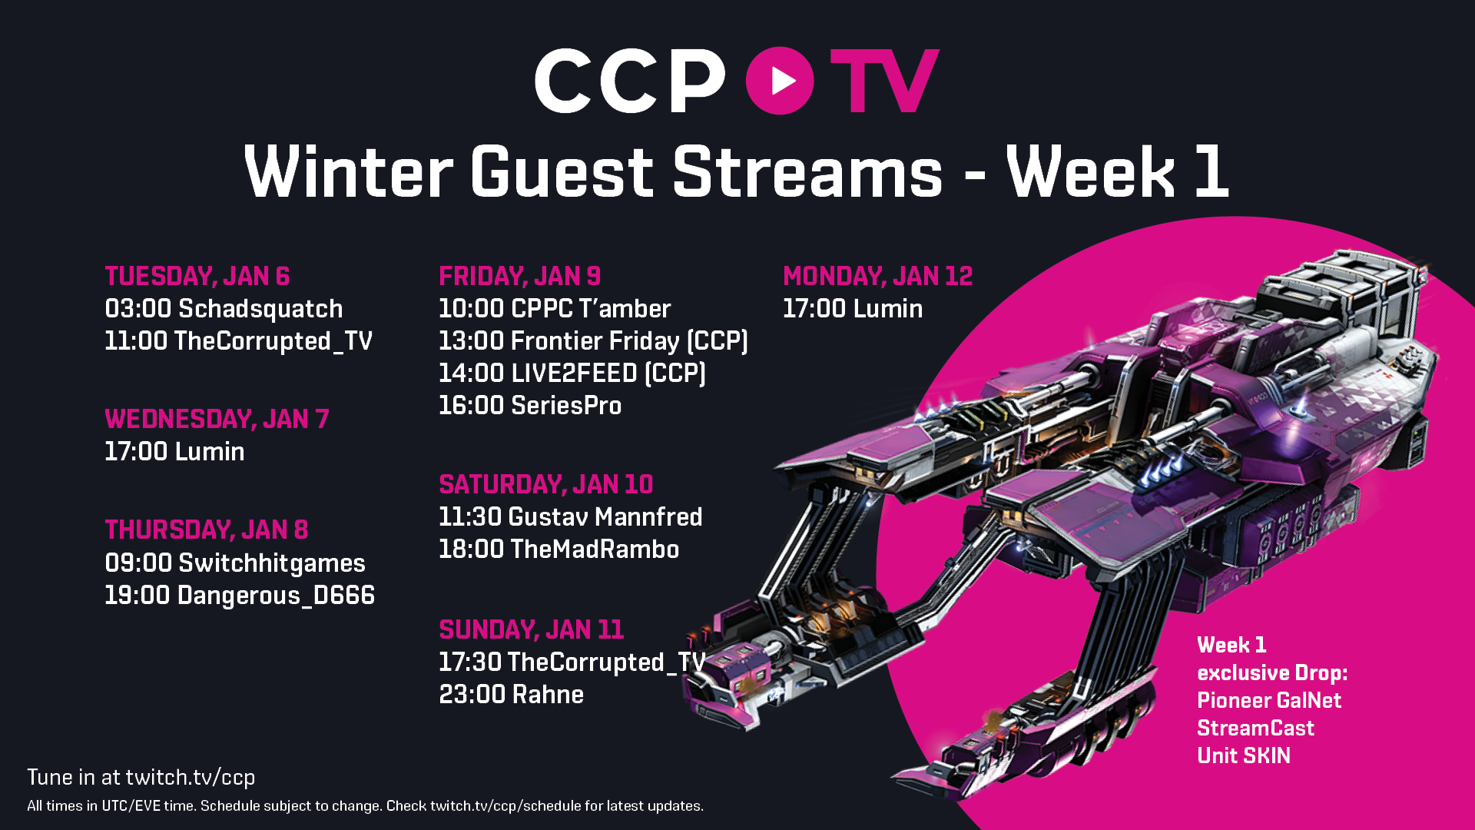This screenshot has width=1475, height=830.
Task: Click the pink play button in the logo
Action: pos(780,81)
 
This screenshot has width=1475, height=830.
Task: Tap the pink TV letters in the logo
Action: pos(884,81)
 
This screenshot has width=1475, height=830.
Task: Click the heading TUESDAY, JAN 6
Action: pos(197,276)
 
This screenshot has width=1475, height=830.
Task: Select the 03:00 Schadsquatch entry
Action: pos(224,309)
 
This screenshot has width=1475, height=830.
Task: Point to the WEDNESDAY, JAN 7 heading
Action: pos(217,419)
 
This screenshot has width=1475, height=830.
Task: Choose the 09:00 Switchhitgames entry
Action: pos(235,563)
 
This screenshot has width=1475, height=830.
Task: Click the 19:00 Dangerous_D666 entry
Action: pos(240,596)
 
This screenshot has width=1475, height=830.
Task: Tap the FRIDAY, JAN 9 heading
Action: pos(519,276)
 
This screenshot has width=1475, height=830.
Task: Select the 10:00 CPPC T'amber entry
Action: pos(555,309)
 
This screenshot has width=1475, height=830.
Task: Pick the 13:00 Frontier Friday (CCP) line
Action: pos(593,341)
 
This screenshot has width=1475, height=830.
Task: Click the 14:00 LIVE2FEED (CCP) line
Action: pos(572,373)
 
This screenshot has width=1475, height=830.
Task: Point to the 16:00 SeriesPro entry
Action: pos(530,406)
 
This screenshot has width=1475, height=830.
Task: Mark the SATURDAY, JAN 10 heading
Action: pos(545,484)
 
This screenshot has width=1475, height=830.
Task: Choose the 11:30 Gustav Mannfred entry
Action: pos(570,517)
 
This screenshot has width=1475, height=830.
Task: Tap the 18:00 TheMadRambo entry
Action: pos(559,549)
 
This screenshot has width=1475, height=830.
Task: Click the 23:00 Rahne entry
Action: pos(511,695)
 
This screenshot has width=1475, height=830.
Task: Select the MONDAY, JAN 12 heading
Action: pos(877,276)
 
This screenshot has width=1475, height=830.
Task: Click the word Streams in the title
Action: pos(807,173)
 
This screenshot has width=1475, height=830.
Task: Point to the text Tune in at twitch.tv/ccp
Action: pos(141,778)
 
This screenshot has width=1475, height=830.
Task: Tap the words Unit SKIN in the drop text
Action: pos(1243,756)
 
